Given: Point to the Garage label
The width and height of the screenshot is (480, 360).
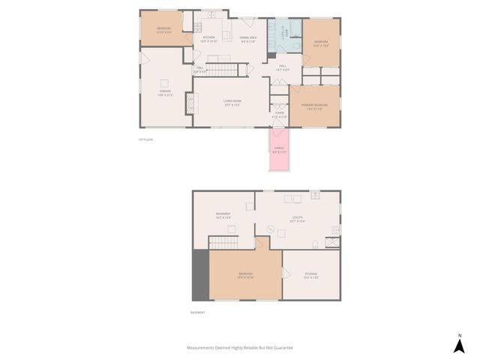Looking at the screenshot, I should coord(164,92).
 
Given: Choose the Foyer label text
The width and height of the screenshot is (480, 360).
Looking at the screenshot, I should coord(279,114).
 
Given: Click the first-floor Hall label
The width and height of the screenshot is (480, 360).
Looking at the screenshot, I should coord(283,66).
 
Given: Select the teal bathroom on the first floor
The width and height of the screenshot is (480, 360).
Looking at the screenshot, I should coord(286,37).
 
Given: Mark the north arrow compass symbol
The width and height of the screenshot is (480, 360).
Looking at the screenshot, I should coord(459,343).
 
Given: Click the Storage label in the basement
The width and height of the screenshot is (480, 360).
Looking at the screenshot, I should coord(310,274).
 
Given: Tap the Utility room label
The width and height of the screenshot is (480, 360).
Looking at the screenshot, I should coord(298,218).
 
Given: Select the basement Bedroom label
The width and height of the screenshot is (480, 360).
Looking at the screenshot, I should coord(246,274).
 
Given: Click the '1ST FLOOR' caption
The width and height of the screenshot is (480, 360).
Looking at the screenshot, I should coord(145,139).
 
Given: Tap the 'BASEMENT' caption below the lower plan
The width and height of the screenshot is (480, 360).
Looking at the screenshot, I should coord(197,313).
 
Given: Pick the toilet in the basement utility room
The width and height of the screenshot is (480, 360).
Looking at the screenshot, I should coord(315,244).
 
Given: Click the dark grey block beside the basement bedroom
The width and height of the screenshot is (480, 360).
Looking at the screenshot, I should coord(200,275).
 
